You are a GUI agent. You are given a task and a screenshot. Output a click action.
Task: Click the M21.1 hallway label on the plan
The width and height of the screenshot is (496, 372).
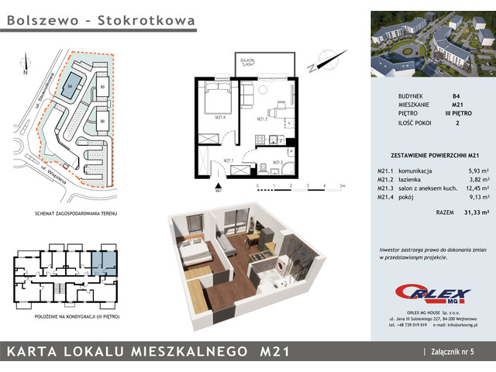(x=229, y=160)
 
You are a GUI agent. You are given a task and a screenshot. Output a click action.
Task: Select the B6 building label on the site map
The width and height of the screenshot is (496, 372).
(x=102, y=121)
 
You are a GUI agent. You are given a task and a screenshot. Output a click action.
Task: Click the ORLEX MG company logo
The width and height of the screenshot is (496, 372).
(x=433, y=294)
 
